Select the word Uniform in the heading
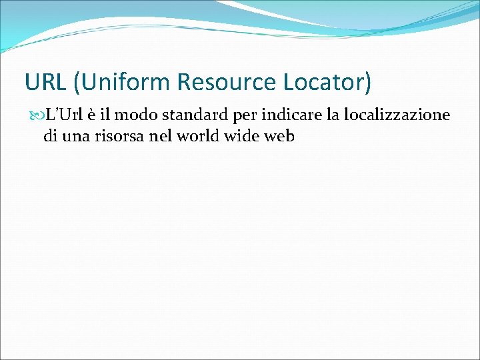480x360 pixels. (x=127, y=82)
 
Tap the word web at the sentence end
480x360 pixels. (x=282, y=137)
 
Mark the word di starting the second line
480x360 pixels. (x=50, y=137)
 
